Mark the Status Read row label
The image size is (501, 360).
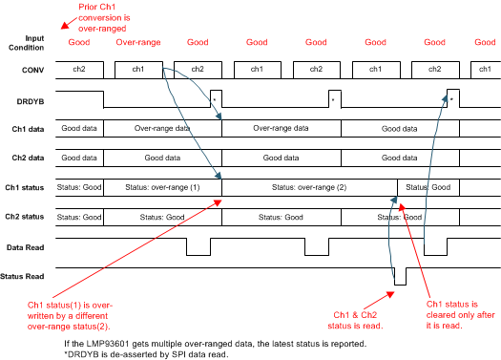pyautogui.click(x=27, y=277)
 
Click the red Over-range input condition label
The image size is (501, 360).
pyautogui.click(x=137, y=44)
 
